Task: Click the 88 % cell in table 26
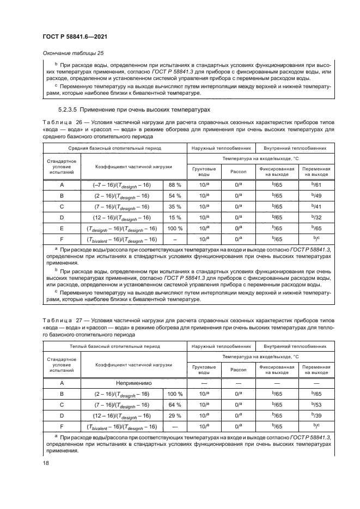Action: tap(175, 185)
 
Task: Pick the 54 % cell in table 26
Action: tap(175, 196)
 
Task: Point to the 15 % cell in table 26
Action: tap(175, 218)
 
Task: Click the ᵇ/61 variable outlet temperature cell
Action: tap(315, 185)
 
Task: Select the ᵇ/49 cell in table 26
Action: tap(315, 196)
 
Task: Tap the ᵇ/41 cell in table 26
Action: tap(315, 207)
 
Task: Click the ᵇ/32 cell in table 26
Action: tap(315, 218)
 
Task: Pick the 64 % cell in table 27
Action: tap(175, 405)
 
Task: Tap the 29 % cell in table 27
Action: tap(175, 416)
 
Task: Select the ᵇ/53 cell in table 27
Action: tap(315, 405)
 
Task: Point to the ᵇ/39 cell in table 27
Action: tap(315, 416)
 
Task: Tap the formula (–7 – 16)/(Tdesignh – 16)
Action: tap(122, 185)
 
